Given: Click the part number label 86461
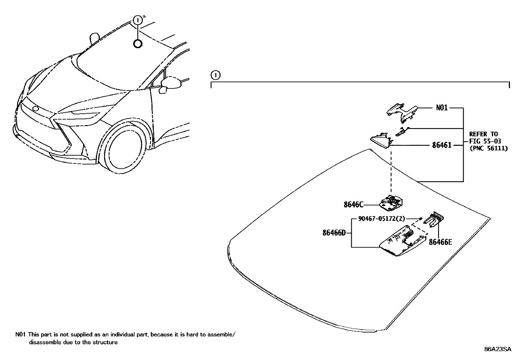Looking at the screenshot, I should click(441, 145).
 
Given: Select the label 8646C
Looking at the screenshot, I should click(353, 205).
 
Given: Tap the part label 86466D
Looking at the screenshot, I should click(334, 233).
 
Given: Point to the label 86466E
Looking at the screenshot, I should click(440, 242).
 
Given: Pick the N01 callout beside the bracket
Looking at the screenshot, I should click(442, 107).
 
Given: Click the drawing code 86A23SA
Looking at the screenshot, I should click(497, 349).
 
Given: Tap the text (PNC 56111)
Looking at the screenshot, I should click(488, 148).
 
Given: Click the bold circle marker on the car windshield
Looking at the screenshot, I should click(138, 44).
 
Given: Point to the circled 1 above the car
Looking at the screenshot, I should click(138, 20).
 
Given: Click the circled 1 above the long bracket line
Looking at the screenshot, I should click(215, 75).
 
